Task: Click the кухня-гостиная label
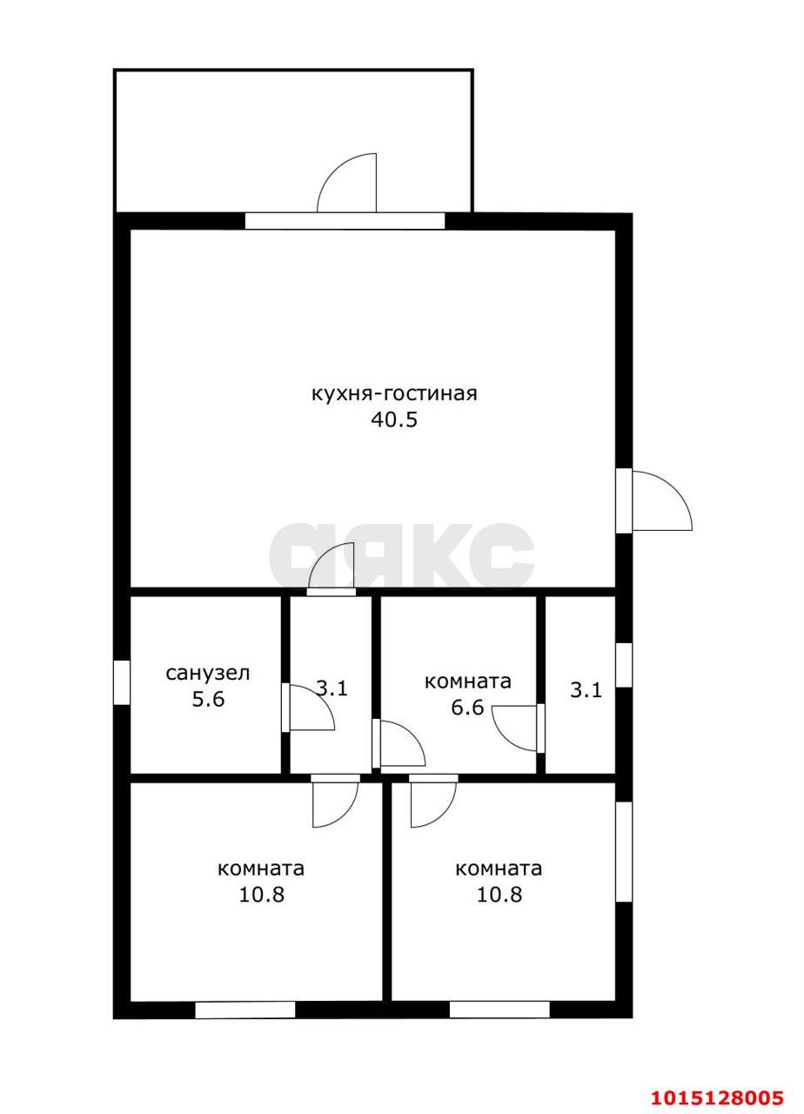click(394, 394)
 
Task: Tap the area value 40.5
click(394, 419)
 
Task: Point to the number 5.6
click(208, 699)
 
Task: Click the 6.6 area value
click(467, 707)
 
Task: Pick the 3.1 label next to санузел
click(332, 688)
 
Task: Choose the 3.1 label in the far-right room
click(586, 690)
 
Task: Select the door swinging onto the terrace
click(346, 183)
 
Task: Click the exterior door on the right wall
click(662, 500)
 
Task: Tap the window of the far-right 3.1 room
click(624, 666)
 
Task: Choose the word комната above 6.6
click(468, 681)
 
